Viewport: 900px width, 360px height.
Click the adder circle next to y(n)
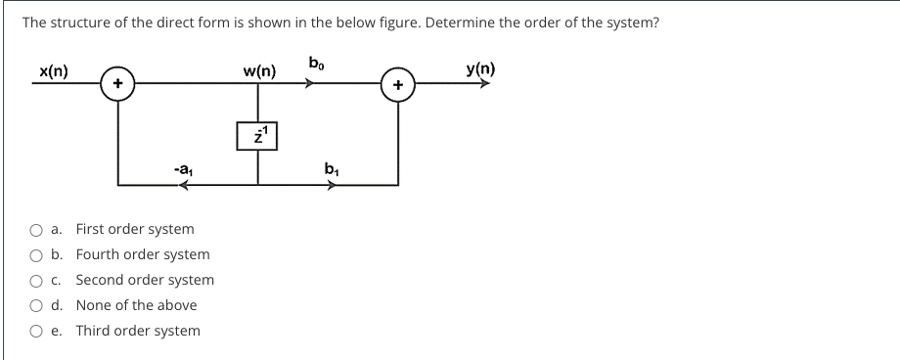point(397,86)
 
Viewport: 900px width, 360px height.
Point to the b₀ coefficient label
point(315,65)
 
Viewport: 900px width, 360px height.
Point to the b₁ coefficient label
point(332,168)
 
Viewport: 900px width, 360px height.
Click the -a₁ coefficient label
point(182,169)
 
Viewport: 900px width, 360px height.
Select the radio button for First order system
point(35,230)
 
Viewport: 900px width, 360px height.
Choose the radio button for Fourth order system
point(35,255)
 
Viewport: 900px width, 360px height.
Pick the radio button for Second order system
point(35,281)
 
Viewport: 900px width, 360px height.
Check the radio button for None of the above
point(35,306)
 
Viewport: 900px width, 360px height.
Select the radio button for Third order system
point(35,332)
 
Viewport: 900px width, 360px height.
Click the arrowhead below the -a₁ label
point(183,184)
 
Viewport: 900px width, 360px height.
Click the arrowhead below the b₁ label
point(333,184)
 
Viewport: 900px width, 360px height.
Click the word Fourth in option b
point(98,254)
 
